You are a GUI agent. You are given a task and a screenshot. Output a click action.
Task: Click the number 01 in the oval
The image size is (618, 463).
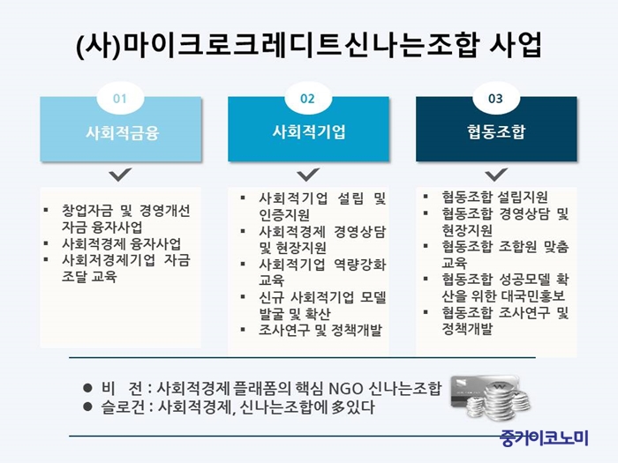coord(120,99)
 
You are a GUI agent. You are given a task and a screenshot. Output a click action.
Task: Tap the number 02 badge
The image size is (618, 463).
coord(307,98)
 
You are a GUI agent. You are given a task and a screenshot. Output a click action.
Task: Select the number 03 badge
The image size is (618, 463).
coord(496,98)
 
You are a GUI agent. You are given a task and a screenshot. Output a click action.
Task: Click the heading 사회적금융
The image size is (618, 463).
coord(123,132)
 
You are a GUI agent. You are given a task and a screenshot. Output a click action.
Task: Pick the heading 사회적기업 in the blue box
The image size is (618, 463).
coord(309,132)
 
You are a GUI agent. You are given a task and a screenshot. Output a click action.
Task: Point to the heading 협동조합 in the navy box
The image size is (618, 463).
coord(496,131)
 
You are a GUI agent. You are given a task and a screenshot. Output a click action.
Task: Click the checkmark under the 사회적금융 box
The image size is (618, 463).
coord(120,175)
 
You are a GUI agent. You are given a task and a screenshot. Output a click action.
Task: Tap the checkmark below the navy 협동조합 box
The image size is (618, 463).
coord(496,175)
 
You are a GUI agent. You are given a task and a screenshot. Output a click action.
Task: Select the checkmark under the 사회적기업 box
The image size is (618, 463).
coord(308,175)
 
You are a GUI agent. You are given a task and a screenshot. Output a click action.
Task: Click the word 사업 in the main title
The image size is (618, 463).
coord(515,44)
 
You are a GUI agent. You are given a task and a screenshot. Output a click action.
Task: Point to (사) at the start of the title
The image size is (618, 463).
coord(98,45)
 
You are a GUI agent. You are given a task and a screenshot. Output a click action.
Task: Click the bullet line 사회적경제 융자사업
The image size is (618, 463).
coord(122,243)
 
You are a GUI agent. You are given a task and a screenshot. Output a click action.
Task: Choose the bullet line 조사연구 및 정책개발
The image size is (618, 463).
coord(320,330)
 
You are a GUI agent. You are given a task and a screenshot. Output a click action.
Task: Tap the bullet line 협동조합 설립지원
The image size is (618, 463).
coord(494,197)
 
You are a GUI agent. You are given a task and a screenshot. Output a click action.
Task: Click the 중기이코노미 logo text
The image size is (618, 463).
coord(544,437)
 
